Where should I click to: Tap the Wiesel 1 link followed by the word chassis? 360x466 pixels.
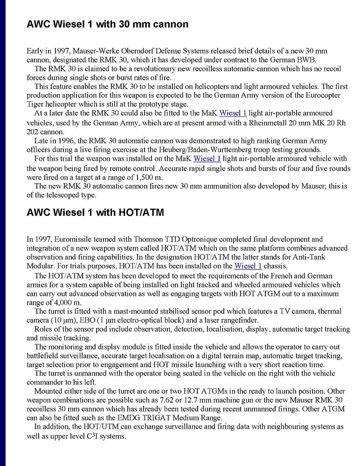[x=248, y=266]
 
